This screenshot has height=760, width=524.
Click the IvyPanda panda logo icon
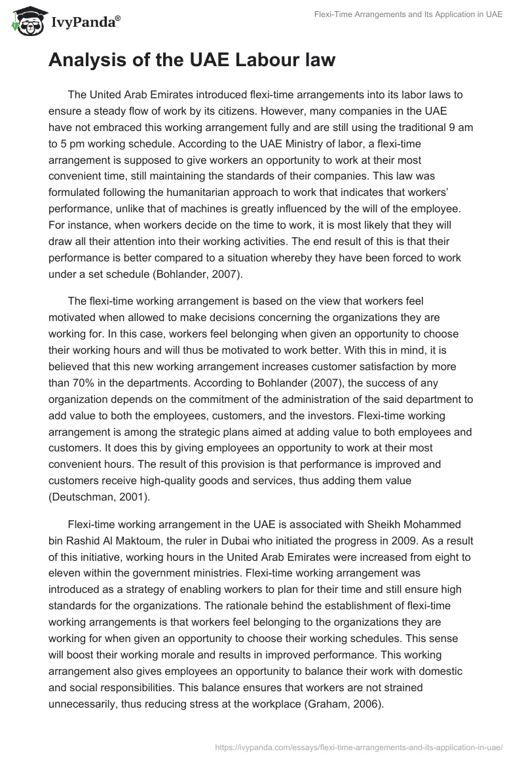26,22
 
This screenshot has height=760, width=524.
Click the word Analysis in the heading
91,61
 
